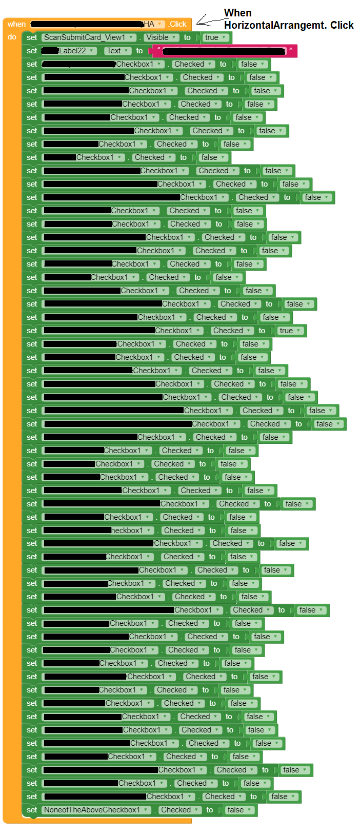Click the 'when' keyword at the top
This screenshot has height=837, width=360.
pos(16,24)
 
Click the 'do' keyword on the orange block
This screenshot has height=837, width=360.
pos(12,37)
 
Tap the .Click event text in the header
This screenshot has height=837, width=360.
pos(178,24)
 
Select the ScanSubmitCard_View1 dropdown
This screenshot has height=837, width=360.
pos(89,37)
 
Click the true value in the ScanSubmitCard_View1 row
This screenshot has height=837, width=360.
pos(215,37)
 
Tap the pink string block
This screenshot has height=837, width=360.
pos(223,51)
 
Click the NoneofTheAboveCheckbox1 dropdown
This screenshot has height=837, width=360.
pos(96,810)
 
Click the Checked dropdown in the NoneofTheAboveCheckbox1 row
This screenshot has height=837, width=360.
pos(179,810)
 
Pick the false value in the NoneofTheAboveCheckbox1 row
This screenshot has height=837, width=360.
pos(239,810)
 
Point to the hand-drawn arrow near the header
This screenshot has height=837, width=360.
pos(208,21)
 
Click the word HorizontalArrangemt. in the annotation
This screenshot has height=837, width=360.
pos(267,25)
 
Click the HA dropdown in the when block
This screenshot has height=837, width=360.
pos(153,24)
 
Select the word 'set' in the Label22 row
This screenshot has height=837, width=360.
pos(32,51)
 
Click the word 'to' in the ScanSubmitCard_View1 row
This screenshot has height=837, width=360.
pos(187,37)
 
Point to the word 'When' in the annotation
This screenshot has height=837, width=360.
pos(238,13)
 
